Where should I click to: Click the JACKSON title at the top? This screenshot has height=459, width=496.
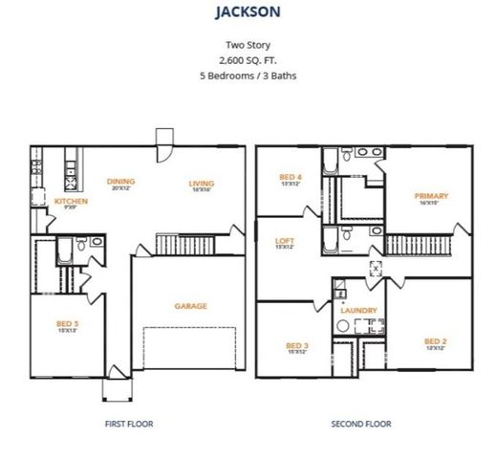point(248,14)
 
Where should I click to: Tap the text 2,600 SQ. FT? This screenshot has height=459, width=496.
point(248,59)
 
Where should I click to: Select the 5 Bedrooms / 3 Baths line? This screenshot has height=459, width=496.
point(248,74)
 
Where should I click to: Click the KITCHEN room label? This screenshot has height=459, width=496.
point(71,201)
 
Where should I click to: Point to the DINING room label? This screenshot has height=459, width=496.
point(121,181)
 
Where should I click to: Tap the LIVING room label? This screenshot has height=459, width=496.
point(201,183)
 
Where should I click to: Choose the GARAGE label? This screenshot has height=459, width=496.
point(191,306)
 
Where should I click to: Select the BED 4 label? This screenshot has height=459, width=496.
point(291,177)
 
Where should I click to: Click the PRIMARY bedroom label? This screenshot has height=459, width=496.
point(431,196)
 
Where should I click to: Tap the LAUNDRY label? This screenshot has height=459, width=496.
point(358,310)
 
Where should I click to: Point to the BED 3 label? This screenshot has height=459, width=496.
point(296,344)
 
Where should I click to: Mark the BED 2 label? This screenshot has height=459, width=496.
point(436,340)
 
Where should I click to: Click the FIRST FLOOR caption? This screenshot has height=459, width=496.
point(128,423)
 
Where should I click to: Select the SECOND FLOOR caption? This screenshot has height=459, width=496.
point(360,423)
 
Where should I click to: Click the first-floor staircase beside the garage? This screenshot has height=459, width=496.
point(183,246)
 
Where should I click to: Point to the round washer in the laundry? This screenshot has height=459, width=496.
point(340,326)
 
